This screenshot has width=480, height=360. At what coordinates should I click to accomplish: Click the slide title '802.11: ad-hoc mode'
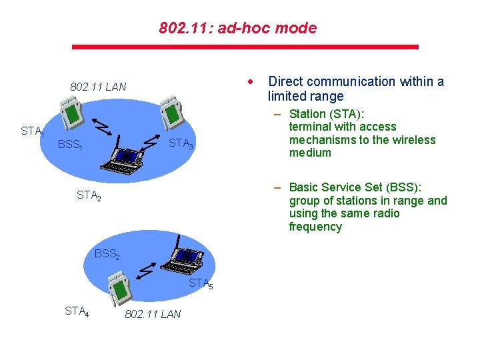click(238, 29)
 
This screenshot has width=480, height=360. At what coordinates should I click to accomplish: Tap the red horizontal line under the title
click(245, 47)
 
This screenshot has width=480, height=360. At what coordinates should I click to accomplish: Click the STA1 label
click(32, 131)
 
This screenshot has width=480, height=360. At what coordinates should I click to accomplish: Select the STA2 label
click(89, 195)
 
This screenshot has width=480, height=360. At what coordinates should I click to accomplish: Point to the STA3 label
click(181, 143)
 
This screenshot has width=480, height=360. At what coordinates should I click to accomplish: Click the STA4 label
click(77, 311)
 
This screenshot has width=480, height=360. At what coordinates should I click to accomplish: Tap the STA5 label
click(201, 283)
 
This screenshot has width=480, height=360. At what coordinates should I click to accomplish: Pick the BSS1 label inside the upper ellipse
click(69, 145)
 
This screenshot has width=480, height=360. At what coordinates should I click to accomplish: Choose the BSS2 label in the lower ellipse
click(106, 254)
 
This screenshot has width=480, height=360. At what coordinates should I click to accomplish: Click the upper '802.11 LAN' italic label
click(98, 87)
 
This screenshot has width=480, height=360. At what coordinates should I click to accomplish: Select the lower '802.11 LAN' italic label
click(153, 314)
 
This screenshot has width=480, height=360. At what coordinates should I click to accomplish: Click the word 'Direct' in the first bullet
click(285, 82)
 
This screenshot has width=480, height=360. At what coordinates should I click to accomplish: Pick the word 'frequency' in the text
click(315, 227)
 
